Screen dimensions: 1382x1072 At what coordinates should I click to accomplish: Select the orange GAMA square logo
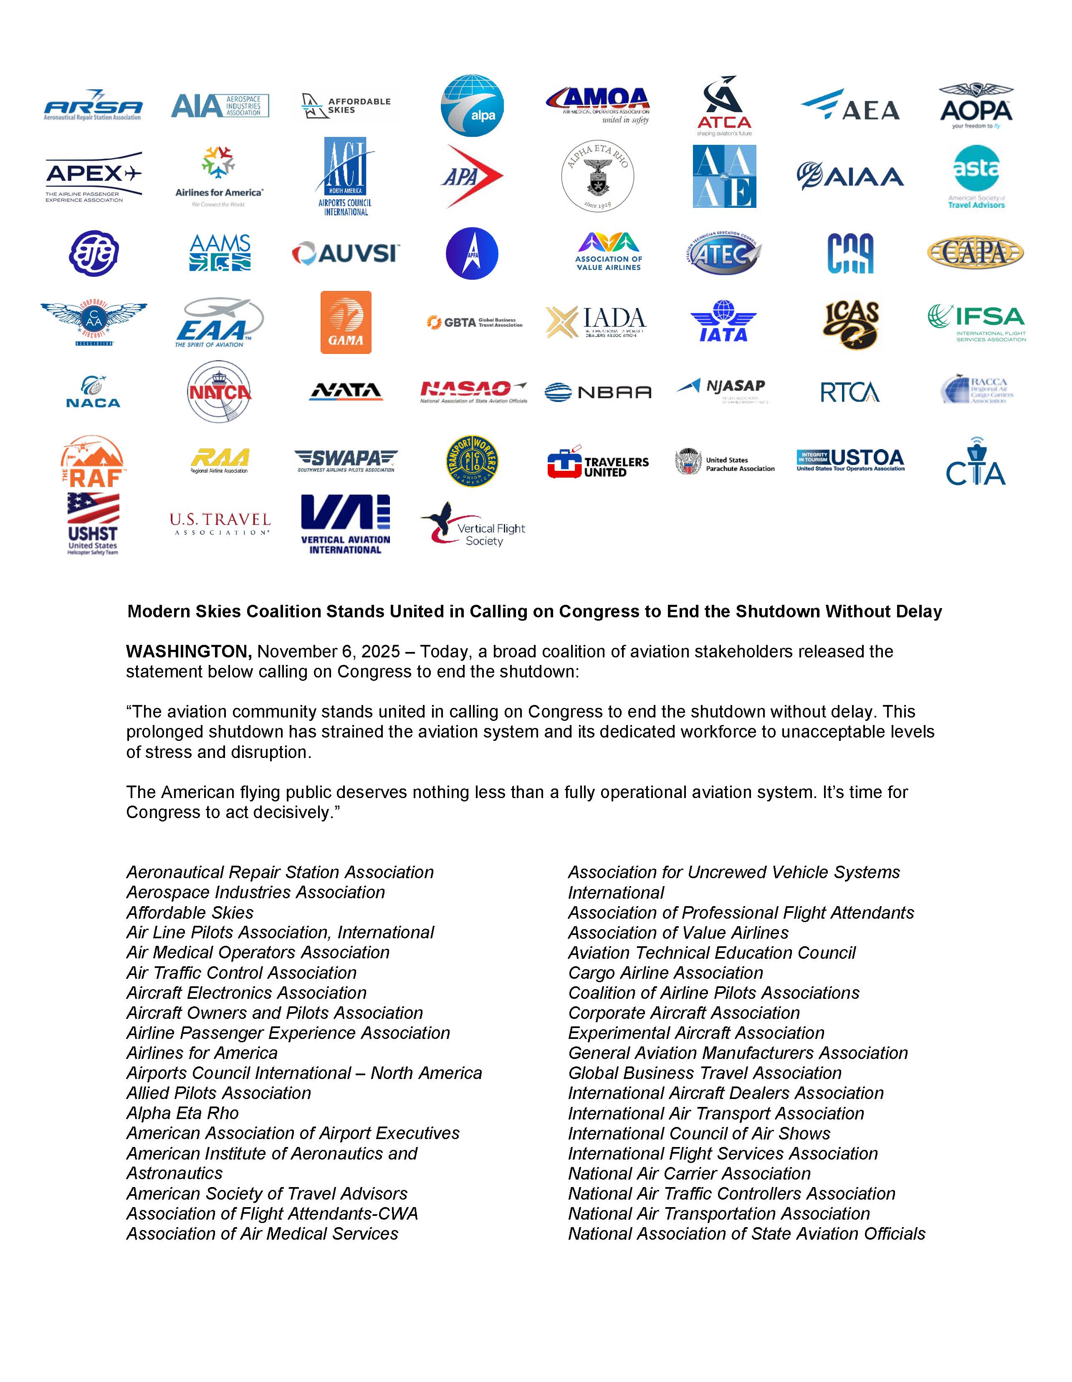346,322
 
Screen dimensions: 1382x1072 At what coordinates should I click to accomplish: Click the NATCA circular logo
219,392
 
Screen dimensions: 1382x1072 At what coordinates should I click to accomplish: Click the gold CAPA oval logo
975,253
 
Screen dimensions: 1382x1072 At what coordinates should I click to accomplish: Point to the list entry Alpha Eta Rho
182,1113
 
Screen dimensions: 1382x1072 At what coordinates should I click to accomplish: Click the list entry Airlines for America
202,1053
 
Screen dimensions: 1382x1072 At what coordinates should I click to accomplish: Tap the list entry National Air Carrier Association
689,1173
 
